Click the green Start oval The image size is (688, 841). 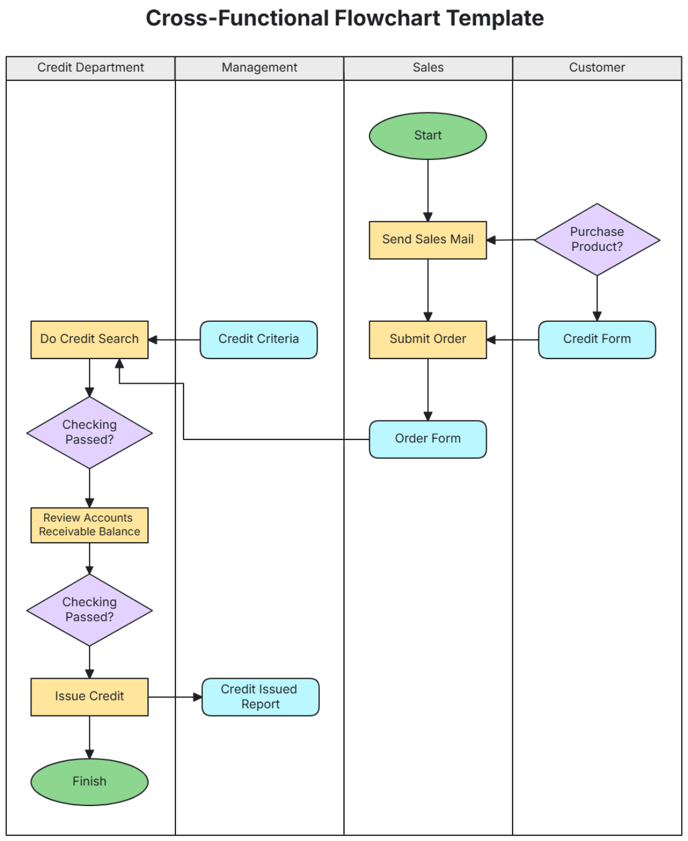coord(428,136)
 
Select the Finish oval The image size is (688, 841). coord(89,781)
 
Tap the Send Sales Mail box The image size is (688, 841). coord(428,240)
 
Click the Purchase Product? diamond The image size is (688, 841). coord(597,239)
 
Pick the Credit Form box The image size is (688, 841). coord(597,340)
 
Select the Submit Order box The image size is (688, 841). coord(428,340)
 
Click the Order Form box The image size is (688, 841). coord(428,439)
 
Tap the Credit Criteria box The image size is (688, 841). coord(259,340)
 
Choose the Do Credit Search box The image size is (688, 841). coord(89,340)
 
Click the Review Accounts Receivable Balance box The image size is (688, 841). coord(89,525)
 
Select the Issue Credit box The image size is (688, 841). coord(89,696)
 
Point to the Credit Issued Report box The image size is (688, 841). coord(260,696)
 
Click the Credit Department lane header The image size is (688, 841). coord(91,68)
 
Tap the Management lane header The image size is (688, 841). coord(259,68)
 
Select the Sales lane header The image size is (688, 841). coord(428,68)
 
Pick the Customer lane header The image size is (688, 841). coord(597,68)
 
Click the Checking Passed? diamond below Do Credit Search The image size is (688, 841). coord(89,433)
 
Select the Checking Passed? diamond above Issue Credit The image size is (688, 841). coord(89,610)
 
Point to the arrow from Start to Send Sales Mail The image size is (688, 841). coord(428,189)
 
